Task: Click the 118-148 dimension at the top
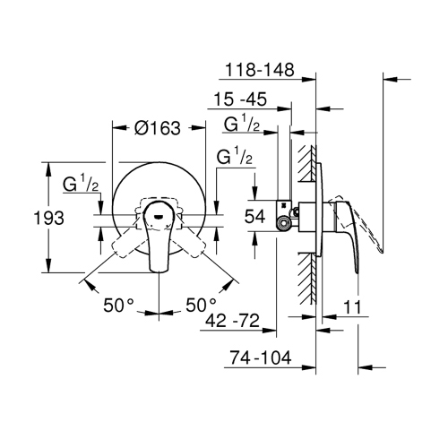(x=260, y=69)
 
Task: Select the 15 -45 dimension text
(x=244, y=100)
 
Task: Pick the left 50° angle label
(x=116, y=305)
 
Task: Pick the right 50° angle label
(x=202, y=305)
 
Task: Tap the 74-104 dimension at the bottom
(x=260, y=357)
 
